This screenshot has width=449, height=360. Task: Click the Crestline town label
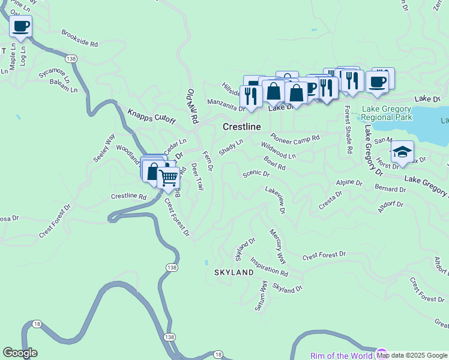pos(242,127)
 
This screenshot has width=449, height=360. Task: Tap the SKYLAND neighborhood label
pos(234,272)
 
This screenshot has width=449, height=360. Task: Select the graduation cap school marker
pos(402,152)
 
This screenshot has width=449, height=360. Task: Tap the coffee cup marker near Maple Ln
pos(20,27)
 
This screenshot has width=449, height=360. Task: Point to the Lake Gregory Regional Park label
pos(387,113)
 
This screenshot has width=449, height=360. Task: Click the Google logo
pos(20,353)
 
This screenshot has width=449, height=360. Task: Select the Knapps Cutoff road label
pos(151,117)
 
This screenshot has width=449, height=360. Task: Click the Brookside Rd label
pos(79,39)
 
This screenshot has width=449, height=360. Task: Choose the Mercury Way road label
pos(277,246)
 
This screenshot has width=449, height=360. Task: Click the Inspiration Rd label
pos(269,266)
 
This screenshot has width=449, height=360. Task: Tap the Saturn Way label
pos(262,295)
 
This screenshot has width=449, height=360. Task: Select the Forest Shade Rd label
pos(348,125)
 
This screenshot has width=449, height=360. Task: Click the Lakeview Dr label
pos(275,199)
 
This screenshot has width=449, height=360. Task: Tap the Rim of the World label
pos(341,355)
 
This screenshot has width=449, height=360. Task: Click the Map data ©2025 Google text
pos(412,355)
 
